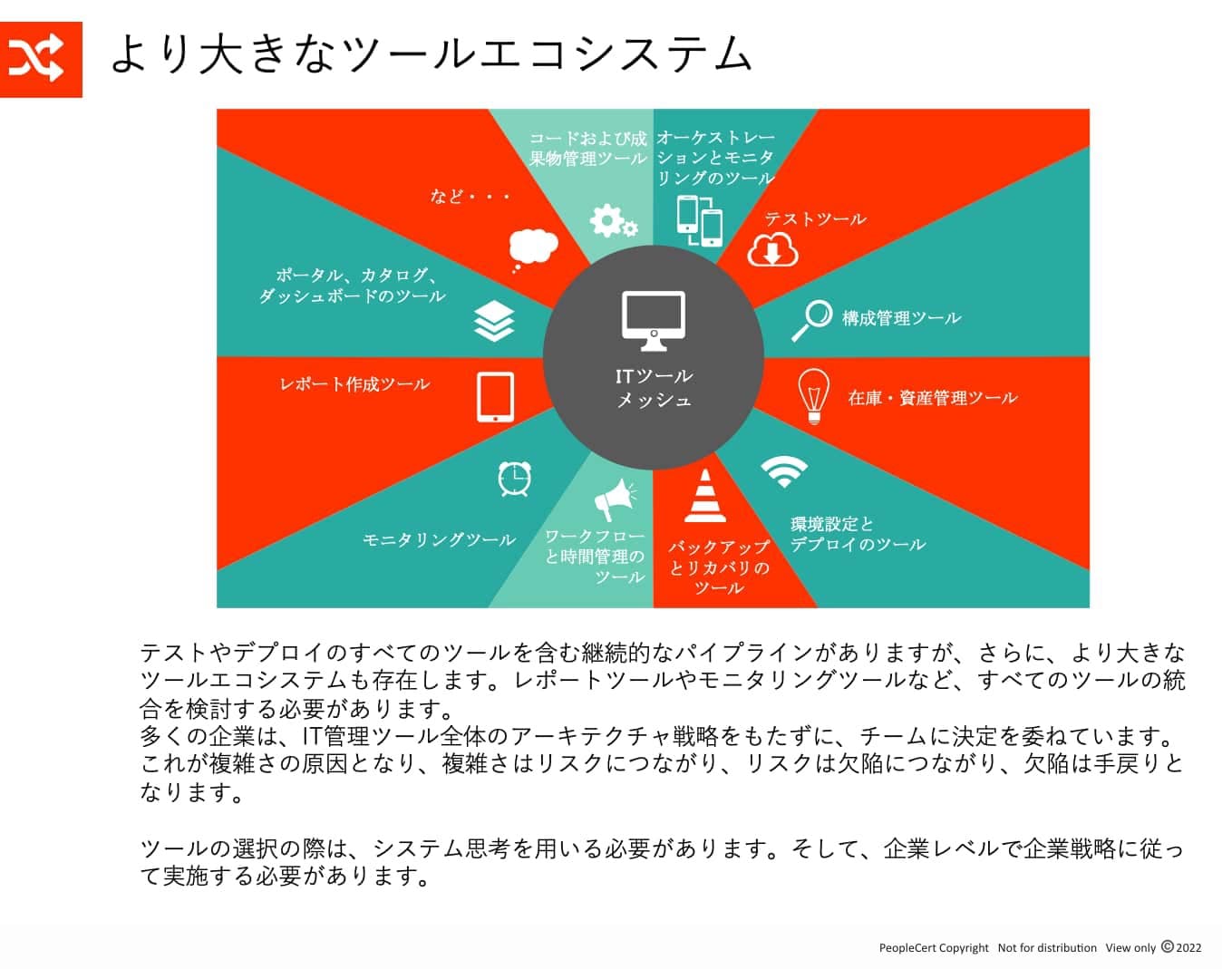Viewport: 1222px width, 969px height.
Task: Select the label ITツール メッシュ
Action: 654,388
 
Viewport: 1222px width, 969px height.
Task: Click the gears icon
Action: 614,220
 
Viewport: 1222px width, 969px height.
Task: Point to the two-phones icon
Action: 700,221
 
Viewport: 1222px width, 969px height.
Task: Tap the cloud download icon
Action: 772,250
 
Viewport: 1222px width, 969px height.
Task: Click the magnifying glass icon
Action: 812,320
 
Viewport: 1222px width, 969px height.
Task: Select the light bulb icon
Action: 814,396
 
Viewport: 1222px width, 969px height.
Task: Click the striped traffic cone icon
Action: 704,495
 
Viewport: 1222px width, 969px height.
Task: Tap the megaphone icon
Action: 615,499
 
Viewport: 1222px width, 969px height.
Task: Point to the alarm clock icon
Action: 515,479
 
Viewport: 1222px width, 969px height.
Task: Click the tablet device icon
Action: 495,397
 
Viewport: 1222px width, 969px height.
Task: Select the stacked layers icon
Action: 494,321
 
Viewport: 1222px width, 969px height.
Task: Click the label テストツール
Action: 816,219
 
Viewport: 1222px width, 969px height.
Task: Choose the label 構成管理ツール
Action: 901,318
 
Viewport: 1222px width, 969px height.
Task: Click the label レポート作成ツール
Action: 354,384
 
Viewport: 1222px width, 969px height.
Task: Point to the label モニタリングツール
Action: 439,539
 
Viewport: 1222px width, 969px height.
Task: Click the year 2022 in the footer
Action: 1188,947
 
